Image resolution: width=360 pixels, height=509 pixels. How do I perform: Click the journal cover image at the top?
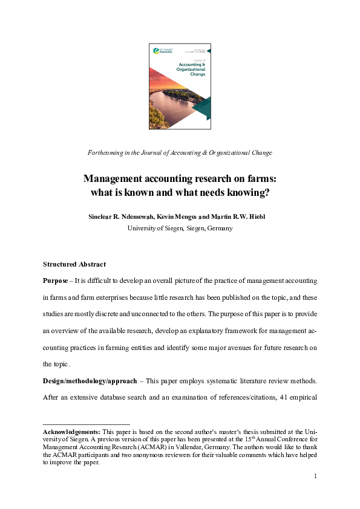(x=180, y=86)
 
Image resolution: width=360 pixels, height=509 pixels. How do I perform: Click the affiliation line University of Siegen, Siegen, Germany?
(x=180, y=228)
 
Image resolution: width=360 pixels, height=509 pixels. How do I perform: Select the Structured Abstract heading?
(x=74, y=264)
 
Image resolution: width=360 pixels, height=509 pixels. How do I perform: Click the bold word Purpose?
(x=56, y=281)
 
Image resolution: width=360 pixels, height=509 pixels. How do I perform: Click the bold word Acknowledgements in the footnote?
(x=71, y=432)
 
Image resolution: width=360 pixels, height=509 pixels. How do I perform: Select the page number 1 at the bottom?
(x=315, y=476)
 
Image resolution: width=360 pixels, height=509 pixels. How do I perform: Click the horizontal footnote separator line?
(x=87, y=424)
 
